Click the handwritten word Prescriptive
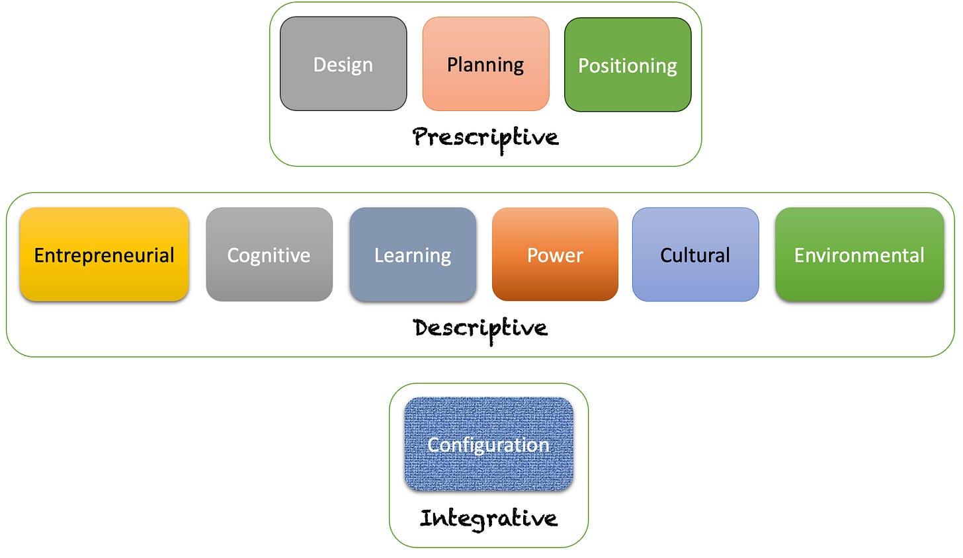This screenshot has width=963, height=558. click(x=485, y=138)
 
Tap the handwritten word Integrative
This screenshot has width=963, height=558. click(x=489, y=519)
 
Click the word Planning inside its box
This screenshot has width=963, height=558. click(x=485, y=65)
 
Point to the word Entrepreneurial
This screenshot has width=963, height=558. click(x=104, y=255)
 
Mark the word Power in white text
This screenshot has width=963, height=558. click(x=555, y=255)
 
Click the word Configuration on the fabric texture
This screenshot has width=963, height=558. click(x=489, y=445)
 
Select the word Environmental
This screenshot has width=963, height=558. click(x=859, y=255)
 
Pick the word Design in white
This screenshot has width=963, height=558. click(x=343, y=65)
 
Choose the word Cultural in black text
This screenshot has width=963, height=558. click(x=695, y=255)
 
